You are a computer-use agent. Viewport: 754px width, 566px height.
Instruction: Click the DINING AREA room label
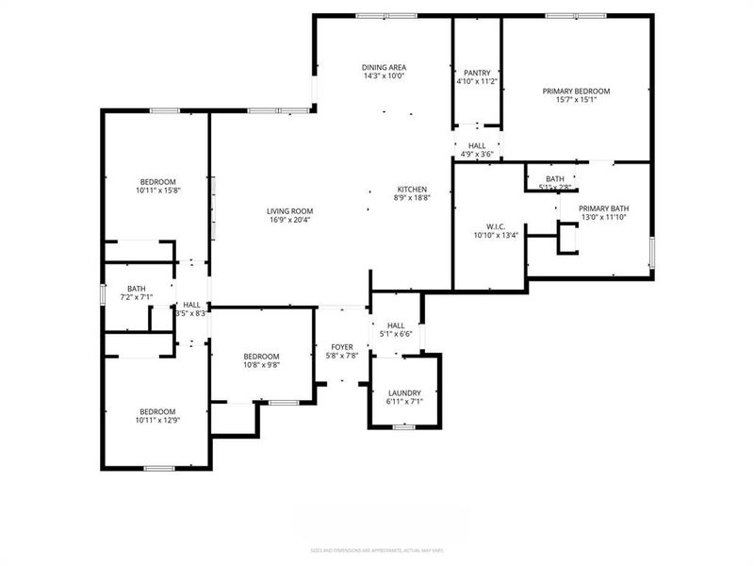click(384, 67)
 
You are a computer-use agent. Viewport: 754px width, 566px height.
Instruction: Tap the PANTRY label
click(476, 72)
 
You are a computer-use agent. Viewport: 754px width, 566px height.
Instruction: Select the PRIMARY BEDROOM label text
click(576, 92)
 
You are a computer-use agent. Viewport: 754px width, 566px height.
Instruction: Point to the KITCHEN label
click(412, 189)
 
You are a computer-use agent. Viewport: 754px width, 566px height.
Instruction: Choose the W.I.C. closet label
click(496, 226)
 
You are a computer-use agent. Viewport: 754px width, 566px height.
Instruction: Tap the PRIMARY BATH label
click(603, 208)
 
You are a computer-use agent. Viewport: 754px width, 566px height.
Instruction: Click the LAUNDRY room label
click(403, 392)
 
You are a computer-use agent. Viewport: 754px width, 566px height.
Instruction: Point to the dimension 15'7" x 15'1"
click(576, 102)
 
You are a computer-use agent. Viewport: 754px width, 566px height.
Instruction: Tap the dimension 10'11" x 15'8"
click(157, 191)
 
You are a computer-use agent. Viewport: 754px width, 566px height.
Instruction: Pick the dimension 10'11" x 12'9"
click(157, 421)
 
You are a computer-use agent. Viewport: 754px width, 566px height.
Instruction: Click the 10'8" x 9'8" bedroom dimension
click(262, 365)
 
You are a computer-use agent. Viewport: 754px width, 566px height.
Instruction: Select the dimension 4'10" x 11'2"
click(476, 82)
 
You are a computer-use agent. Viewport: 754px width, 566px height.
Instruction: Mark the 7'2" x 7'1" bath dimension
click(137, 298)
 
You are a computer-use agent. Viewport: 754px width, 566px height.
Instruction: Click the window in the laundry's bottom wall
click(403, 427)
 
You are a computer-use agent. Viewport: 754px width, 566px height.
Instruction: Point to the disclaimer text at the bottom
click(376, 550)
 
